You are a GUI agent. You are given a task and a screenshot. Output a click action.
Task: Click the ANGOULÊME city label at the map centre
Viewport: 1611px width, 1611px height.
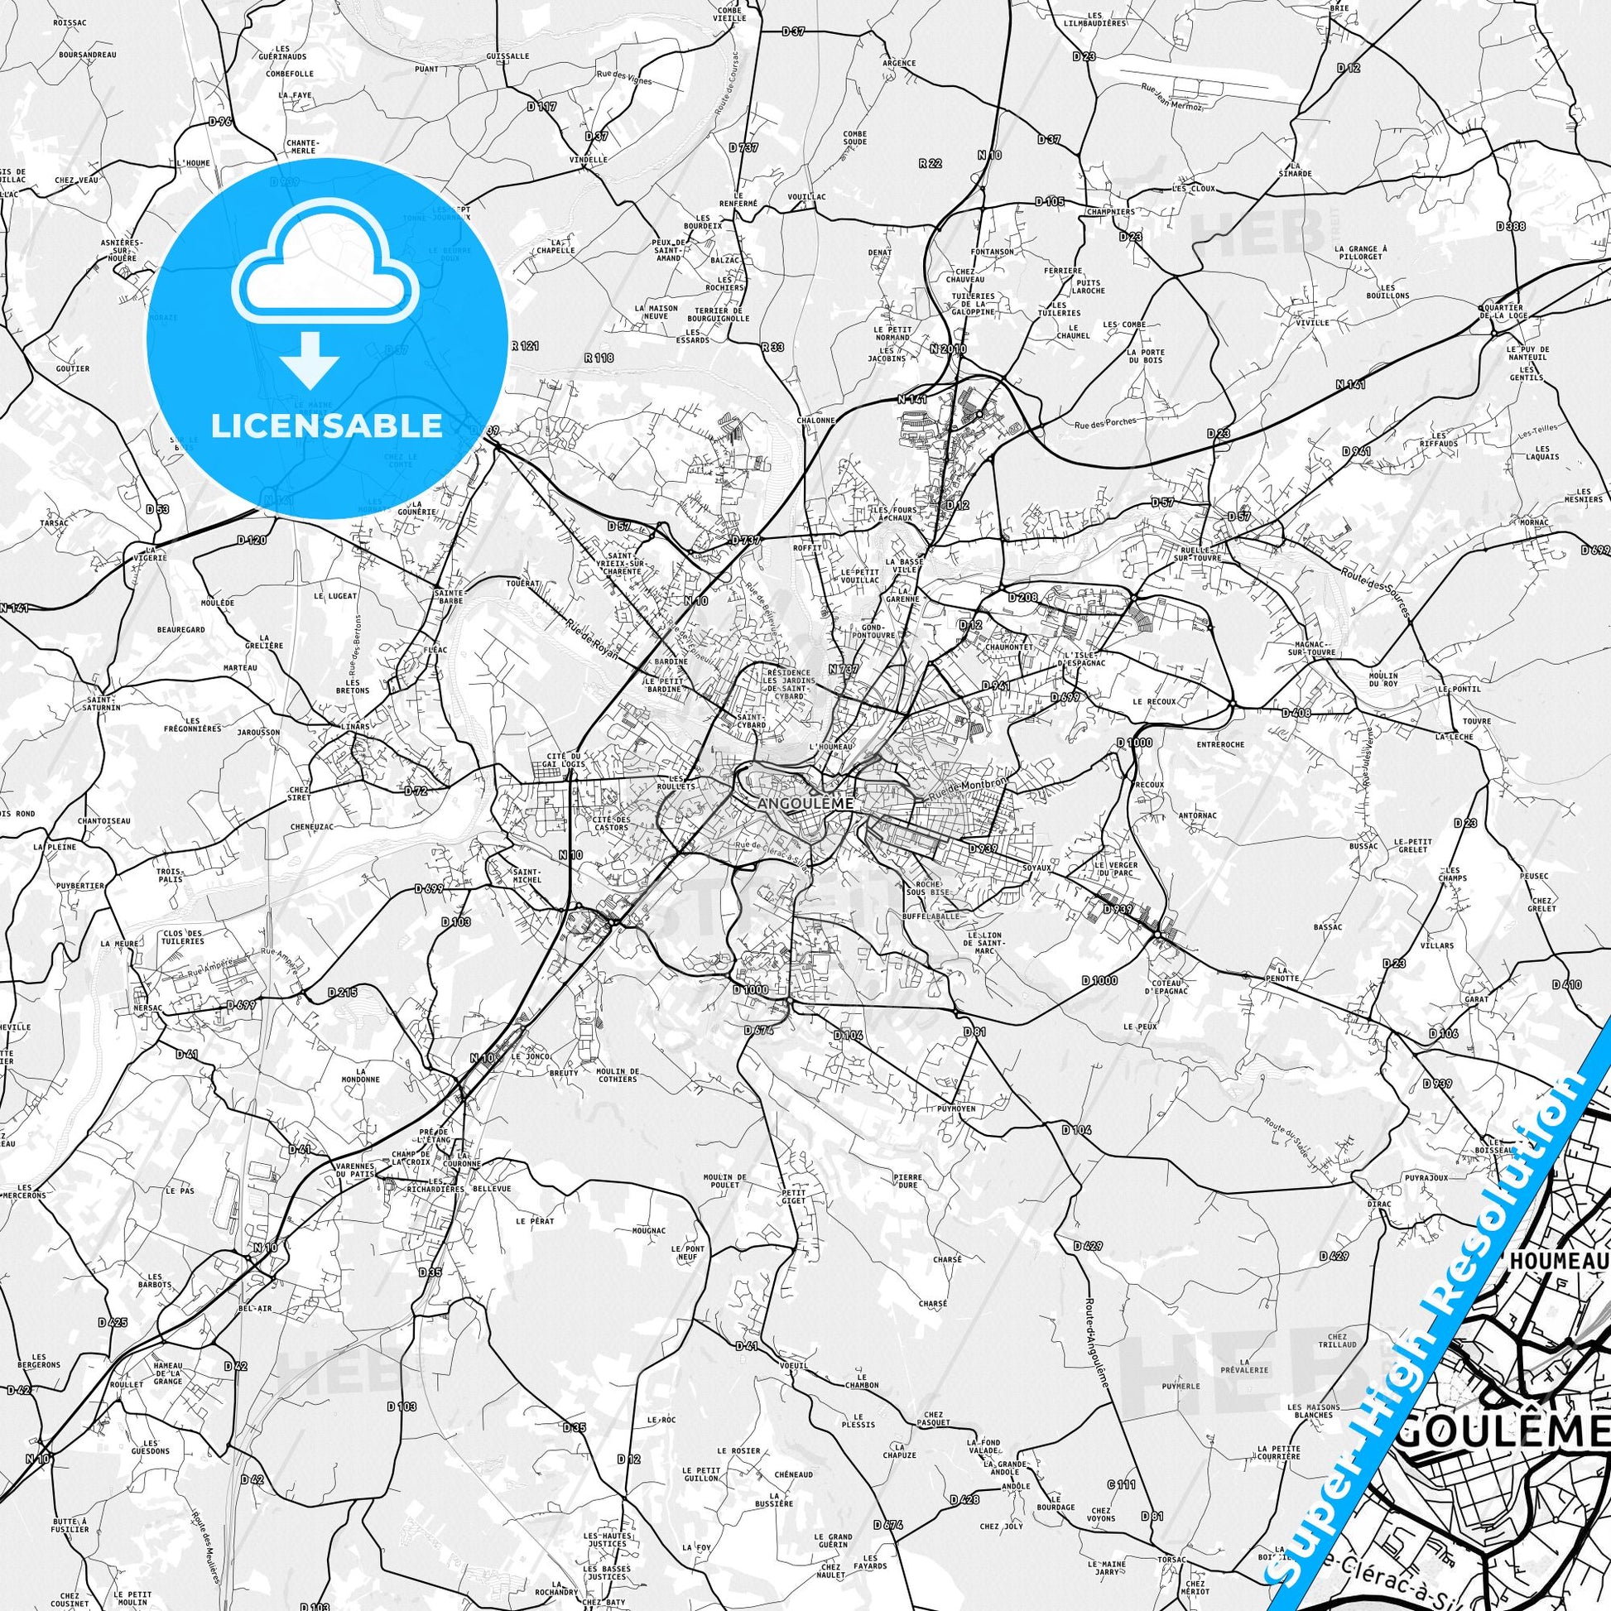point(806,804)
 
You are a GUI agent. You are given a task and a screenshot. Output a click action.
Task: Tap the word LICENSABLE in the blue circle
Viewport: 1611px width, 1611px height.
point(326,426)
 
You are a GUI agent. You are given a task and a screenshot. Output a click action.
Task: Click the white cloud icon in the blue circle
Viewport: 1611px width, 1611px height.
point(326,261)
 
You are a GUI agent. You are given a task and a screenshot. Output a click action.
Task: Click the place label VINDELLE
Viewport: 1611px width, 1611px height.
point(589,159)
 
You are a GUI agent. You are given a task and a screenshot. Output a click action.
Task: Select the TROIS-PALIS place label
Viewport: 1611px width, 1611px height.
point(169,875)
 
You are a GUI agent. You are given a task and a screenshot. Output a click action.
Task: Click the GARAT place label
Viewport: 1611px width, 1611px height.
point(1475,998)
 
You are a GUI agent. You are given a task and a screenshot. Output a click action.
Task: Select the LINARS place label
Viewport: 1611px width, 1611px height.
point(357,726)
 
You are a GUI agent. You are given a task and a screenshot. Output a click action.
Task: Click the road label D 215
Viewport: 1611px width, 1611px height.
point(343,993)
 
